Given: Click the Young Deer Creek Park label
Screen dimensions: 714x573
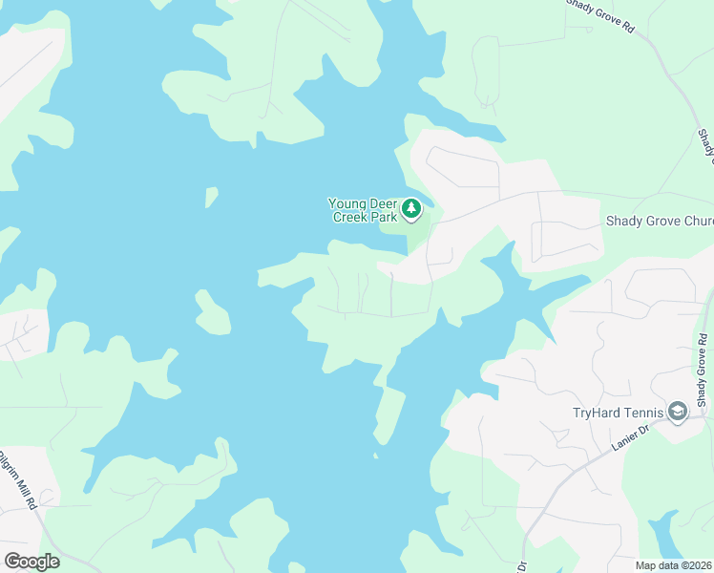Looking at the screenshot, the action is pyautogui.click(x=363, y=209).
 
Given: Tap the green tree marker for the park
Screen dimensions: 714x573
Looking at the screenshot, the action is pyautogui.click(x=411, y=208).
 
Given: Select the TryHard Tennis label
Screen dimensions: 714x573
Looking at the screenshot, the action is pyautogui.click(x=617, y=413).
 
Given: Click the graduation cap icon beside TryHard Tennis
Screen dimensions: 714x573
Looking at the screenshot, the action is pyautogui.click(x=678, y=412).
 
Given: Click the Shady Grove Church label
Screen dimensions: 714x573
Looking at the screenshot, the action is pyautogui.click(x=660, y=222).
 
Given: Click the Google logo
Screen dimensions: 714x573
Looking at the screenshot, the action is pyautogui.click(x=31, y=562).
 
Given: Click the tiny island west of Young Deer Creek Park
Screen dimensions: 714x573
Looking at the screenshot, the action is pyautogui.click(x=211, y=197).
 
